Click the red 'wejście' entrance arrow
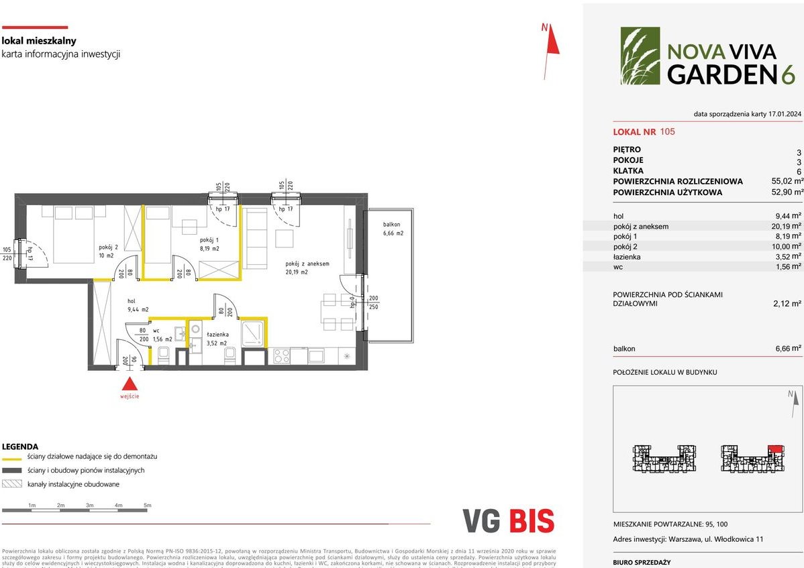(130, 384)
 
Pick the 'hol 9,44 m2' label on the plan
(138, 305)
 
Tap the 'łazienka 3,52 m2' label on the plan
(217, 338)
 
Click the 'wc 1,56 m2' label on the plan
(162, 335)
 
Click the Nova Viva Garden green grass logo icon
(640, 56)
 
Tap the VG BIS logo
(508, 521)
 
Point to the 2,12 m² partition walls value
(787, 303)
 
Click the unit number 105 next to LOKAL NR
(667, 131)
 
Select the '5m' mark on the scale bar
(148, 505)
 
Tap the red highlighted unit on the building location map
(774, 448)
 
